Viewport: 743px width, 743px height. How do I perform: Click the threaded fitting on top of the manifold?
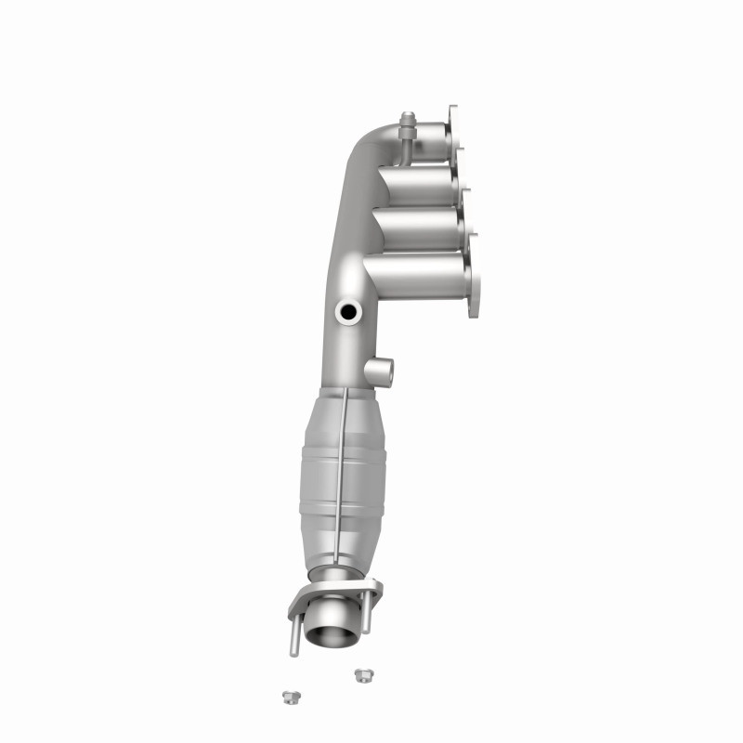point(406,126)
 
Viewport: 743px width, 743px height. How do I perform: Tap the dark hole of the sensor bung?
point(349,311)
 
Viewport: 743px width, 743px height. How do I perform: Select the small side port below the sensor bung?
point(381,371)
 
